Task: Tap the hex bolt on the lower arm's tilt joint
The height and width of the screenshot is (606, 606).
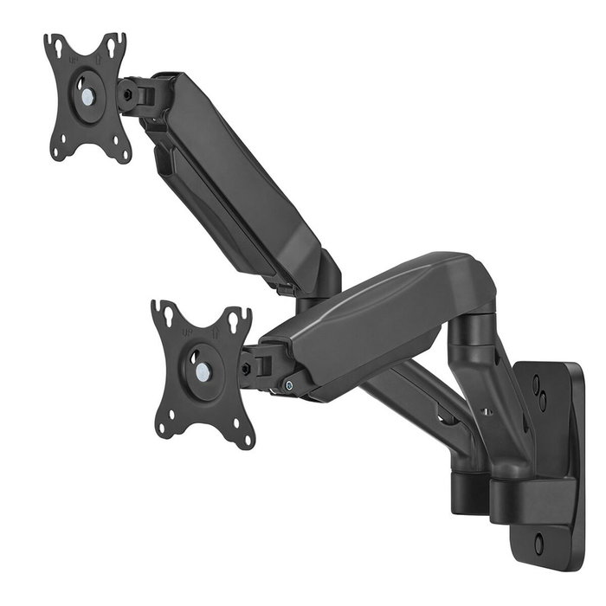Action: click(x=248, y=367)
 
